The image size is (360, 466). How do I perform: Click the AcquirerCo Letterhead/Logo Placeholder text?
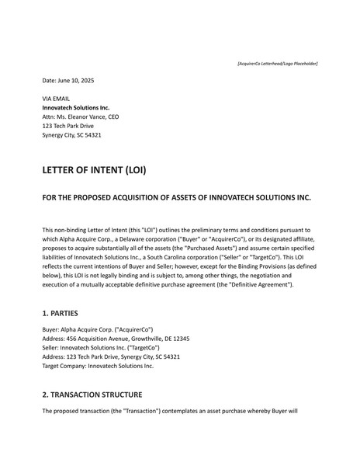277,63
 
